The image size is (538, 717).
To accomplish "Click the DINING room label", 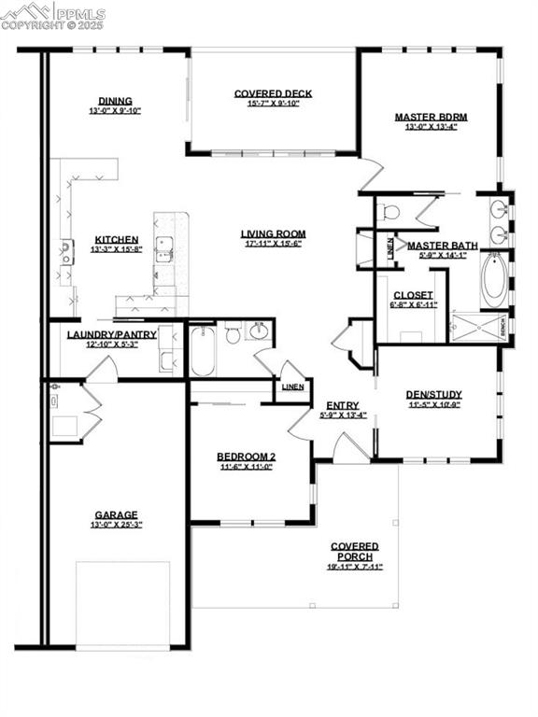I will tap(115, 101).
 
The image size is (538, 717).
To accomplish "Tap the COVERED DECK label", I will tap(273, 93).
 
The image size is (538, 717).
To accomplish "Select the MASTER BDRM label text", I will tap(431, 118).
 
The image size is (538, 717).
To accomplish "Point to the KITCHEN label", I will tap(116, 240).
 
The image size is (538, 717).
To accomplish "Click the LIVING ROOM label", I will tap(273, 234).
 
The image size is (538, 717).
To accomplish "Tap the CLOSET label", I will tap(412, 295).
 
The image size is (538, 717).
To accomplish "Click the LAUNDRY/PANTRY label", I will tap(111, 334).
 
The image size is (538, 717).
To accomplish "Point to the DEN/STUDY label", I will tap(434, 394).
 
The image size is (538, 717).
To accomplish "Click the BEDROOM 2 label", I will tap(247, 457).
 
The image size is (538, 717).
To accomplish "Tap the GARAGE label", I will tap(116, 514).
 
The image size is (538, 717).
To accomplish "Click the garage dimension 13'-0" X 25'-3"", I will tap(116, 525).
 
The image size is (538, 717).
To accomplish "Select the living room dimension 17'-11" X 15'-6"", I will tap(273, 245).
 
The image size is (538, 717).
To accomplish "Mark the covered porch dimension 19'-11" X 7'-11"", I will tap(354, 567).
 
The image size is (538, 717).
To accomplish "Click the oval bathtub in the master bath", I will tap(495, 277).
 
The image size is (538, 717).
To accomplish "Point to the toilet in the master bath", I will tap(391, 213).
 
